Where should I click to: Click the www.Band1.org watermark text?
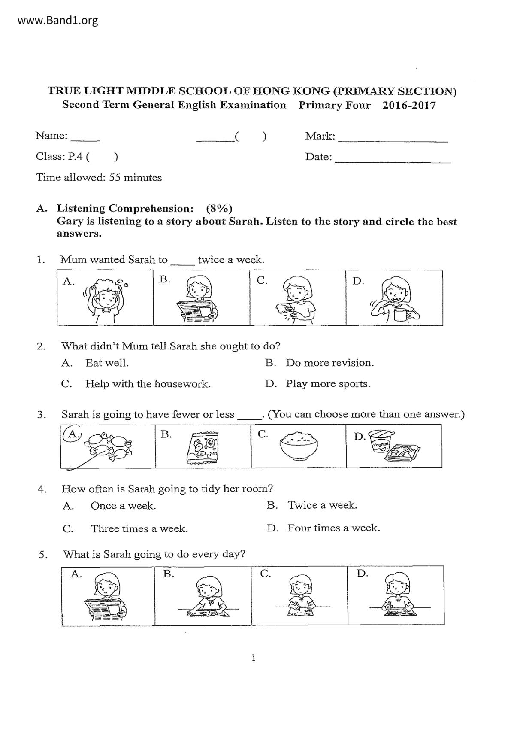click(58, 20)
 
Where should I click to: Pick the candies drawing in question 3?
click(109, 446)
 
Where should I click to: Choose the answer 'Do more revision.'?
click(329, 363)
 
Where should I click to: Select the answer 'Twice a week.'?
click(322, 505)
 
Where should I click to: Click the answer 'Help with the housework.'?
click(148, 384)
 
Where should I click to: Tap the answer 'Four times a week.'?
click(334, 528)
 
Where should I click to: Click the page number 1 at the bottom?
click(254, 657)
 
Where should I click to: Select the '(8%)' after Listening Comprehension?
click(219, 209)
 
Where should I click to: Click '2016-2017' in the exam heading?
click(409, 106)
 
